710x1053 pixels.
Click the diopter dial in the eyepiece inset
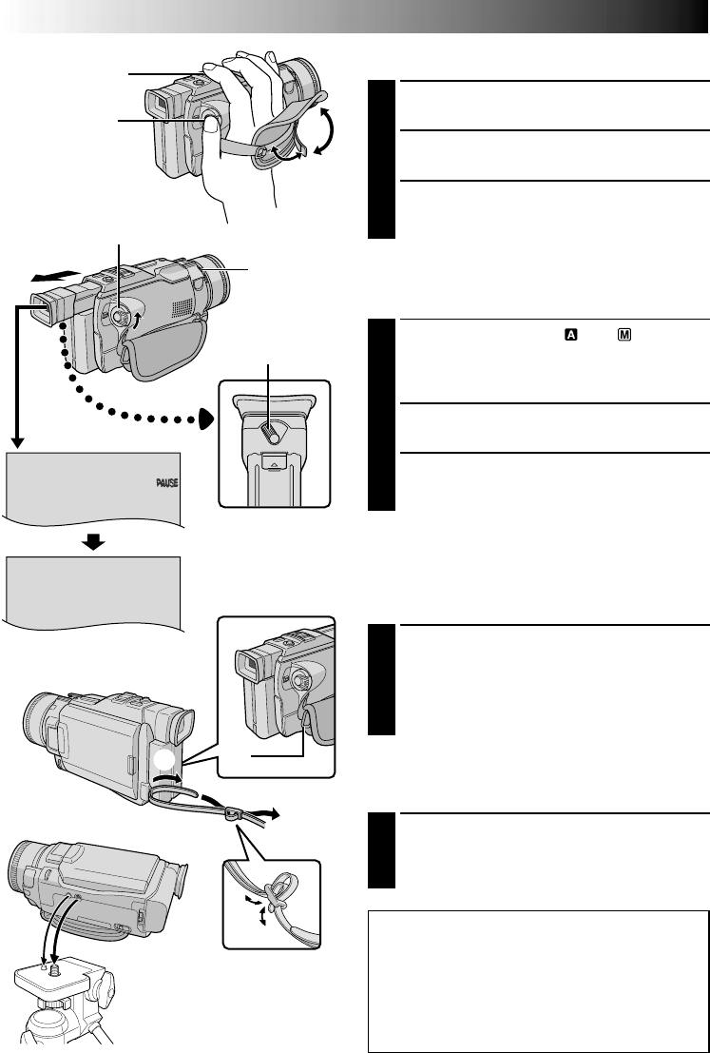tap(270, 432)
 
